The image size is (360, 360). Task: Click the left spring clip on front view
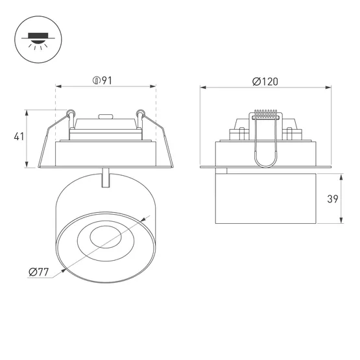(x=67, y=117)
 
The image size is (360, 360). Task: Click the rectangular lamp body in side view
(x=265, y=198)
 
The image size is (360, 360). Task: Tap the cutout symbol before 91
(x=96, y=81)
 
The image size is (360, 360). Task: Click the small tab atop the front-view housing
(x=104, y=118)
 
